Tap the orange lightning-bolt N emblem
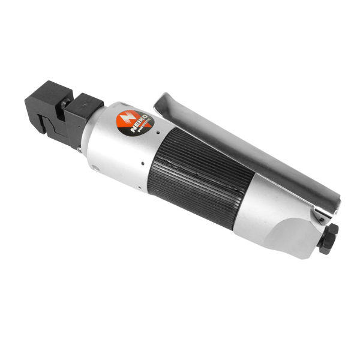pyautogui.click(x=127, y=119)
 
